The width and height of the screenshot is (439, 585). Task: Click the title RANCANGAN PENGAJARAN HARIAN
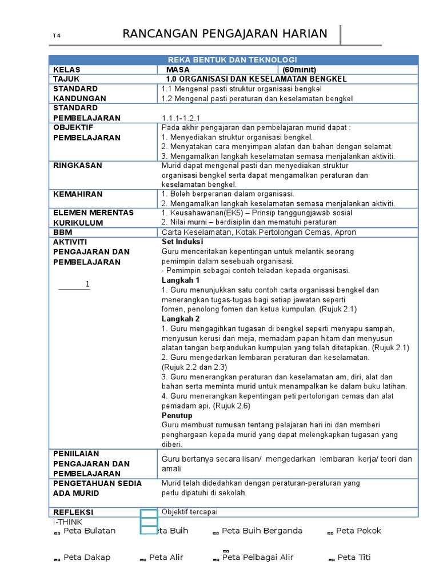click(225, 34)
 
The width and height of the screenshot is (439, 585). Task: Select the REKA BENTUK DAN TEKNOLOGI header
click(232, 60)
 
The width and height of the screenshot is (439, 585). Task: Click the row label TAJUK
click(66, 79)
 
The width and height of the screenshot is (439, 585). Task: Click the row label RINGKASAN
click(77, 166)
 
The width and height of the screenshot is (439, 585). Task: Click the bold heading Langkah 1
click(181, 281)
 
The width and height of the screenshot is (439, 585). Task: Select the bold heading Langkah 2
click(181, 319)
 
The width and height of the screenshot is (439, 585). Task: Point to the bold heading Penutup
click(177, 415)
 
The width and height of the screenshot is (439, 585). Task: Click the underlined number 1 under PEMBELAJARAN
click(87, 285)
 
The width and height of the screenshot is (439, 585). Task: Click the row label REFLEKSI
click(73, 512)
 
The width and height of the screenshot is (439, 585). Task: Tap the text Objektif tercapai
click(190, 512)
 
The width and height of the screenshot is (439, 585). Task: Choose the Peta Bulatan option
click(89, 531)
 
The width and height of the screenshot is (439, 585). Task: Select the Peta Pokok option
click(358, 531)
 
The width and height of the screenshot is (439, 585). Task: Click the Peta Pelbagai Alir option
click(257, 558)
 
